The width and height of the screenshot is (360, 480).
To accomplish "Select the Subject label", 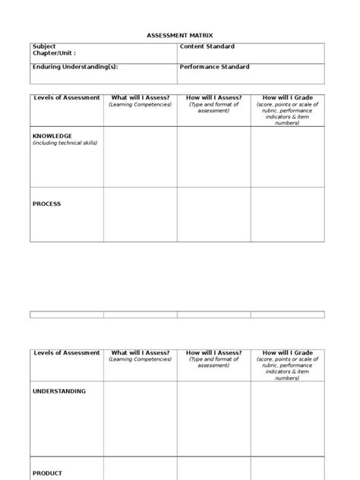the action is (44, 46).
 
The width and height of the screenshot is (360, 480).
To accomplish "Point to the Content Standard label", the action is (207, 46).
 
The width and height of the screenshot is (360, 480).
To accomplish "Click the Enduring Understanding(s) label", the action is (75, 67).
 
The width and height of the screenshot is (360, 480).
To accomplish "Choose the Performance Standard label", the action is (215, 67).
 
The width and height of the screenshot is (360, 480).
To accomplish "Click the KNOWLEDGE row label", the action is (52, 136).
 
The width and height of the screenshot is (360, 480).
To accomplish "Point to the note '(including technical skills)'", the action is (65, 143).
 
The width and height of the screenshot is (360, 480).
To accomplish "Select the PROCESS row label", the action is (46, 204).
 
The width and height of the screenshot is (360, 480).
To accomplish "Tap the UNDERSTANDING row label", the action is (59, 391).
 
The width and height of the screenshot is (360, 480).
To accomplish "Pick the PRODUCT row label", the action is (47, 473).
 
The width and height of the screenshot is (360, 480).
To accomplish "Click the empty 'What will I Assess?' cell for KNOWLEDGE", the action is (141, 156).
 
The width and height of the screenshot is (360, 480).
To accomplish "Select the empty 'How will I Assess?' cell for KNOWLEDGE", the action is (214, 156).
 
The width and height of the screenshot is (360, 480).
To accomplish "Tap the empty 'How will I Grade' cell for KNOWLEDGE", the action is (288, 156).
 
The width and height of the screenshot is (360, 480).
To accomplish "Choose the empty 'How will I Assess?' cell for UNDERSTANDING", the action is (214, 418).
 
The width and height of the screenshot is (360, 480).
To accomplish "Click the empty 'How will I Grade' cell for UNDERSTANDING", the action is (288, 418).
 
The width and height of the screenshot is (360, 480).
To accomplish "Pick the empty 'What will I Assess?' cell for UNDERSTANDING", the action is (141, 418).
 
